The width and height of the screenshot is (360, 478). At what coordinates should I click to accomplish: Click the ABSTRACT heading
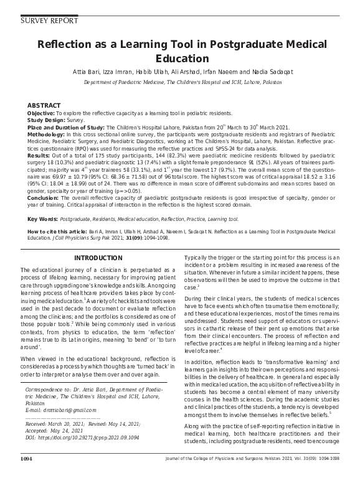(x=44, y=106)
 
